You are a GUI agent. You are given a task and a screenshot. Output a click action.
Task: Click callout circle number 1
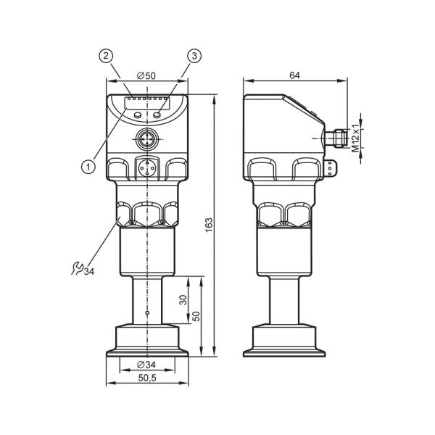click(88, 167)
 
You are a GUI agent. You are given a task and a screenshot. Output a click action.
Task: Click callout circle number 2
click(106, 56)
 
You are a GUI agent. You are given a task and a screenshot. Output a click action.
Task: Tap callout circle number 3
click(194, 56)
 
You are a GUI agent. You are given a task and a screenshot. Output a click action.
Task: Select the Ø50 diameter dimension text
click(146, 75)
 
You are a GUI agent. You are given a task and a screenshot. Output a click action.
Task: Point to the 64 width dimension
click(294, 75)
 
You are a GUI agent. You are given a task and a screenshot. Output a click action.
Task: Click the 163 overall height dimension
click(209, 225)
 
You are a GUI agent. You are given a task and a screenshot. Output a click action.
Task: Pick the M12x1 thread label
click(356, 138)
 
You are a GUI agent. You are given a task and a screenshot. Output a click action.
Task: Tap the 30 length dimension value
click(183, 300)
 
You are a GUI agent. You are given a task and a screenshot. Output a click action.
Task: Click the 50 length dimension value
click(196, 316)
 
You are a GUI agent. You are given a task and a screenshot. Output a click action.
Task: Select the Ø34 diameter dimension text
click(146, 365)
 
